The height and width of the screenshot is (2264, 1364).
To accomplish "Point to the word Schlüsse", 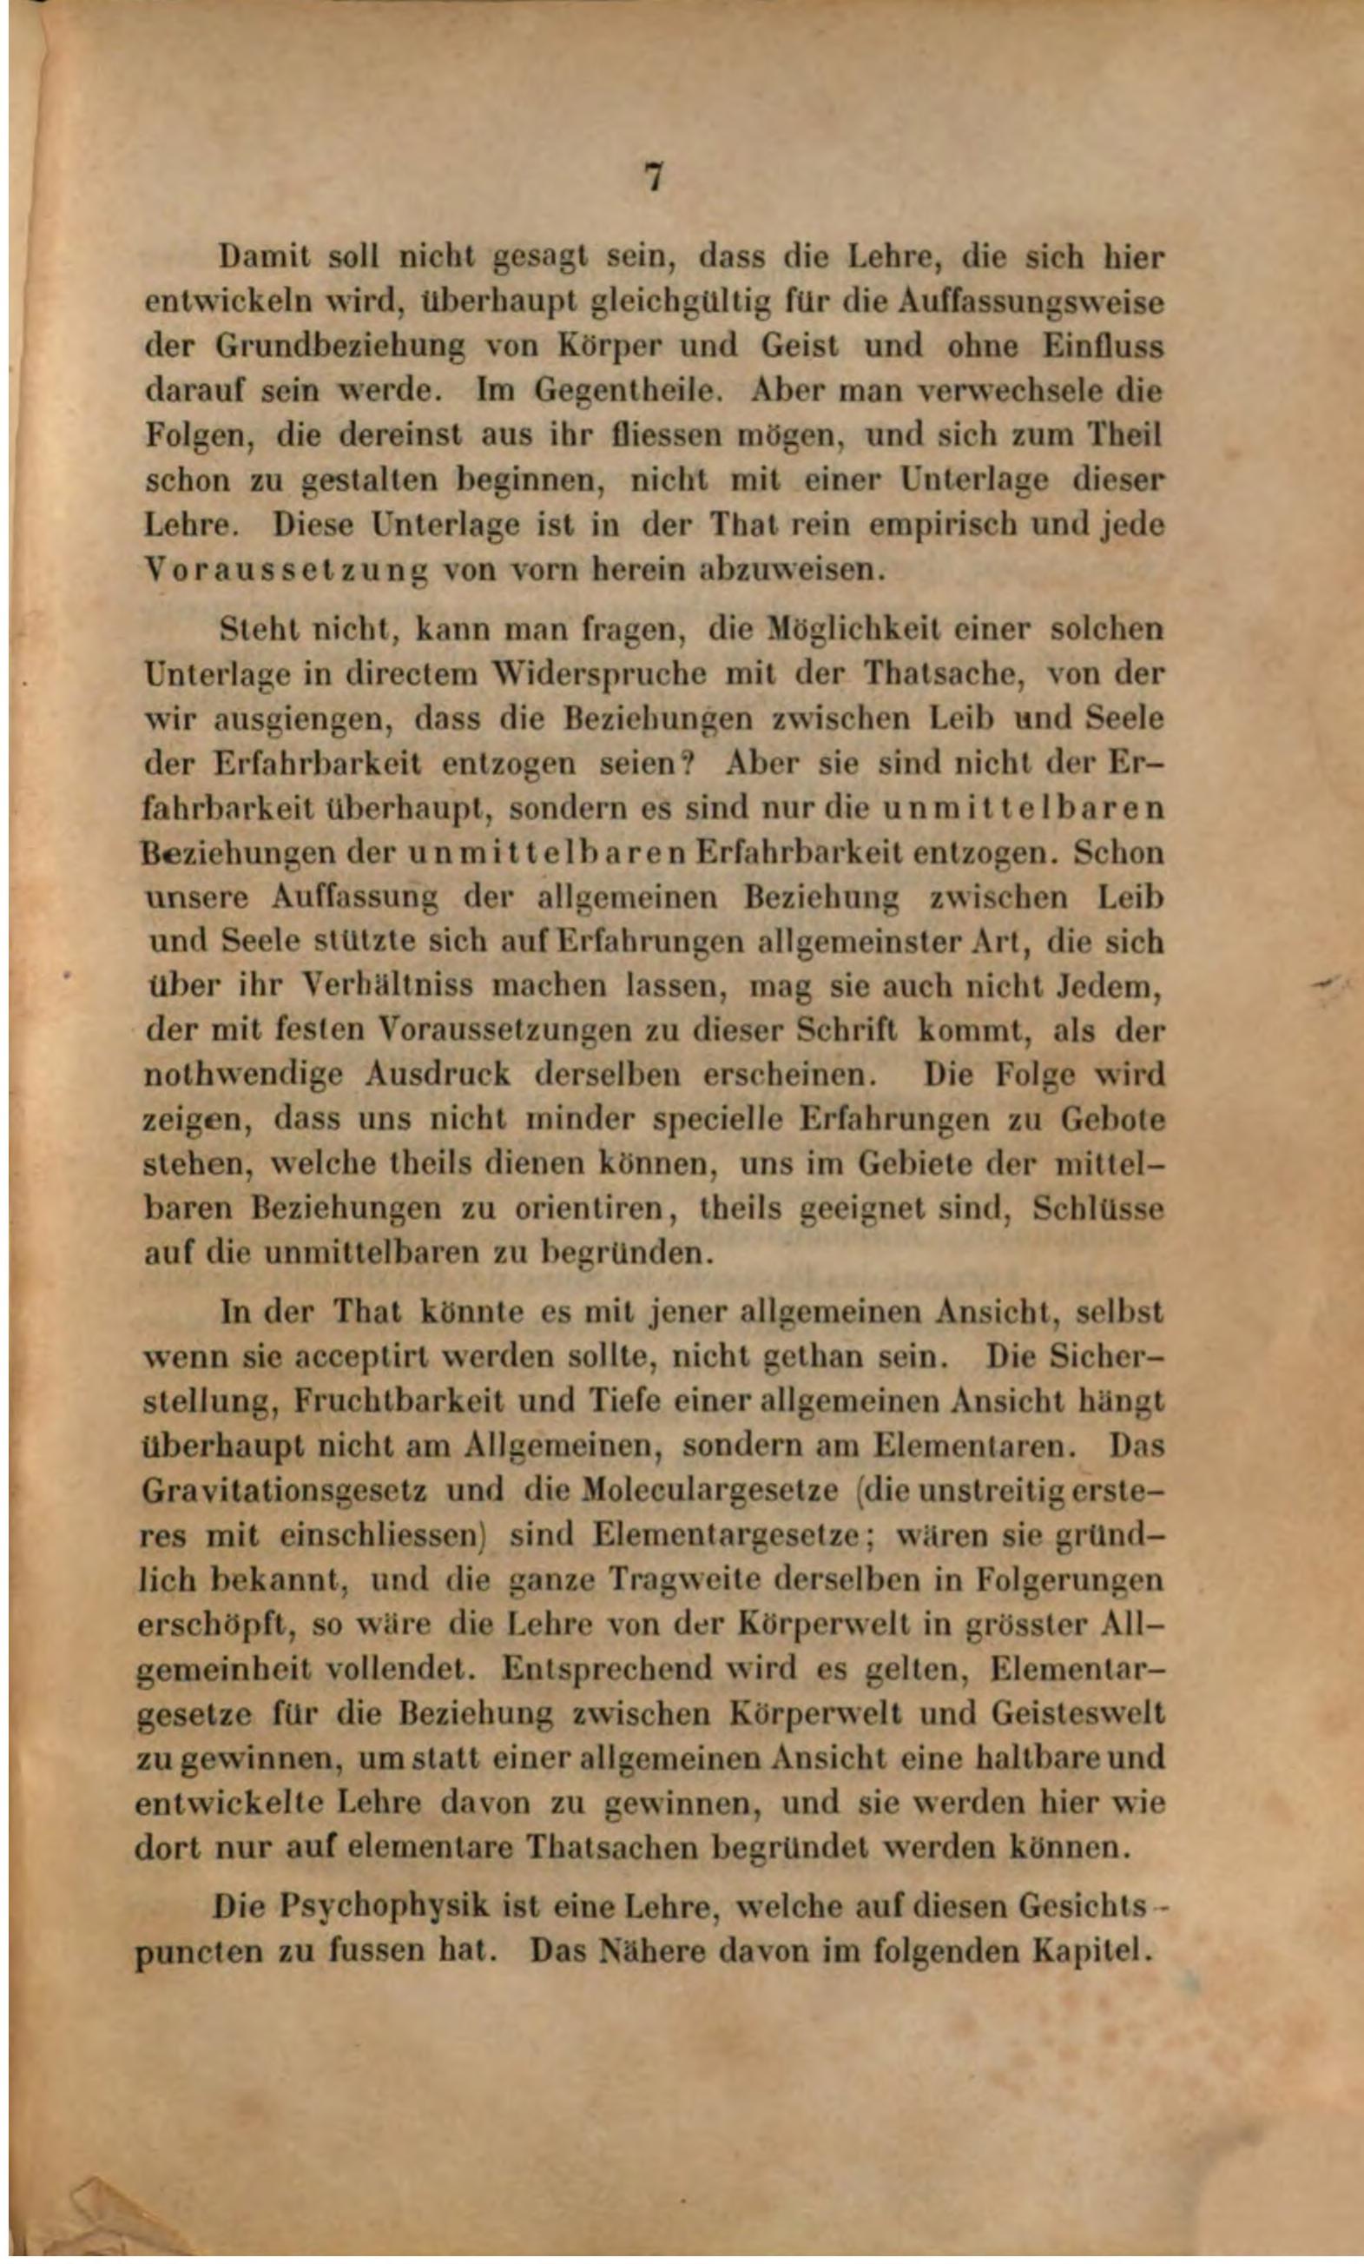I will click(x=1098, y=1208).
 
